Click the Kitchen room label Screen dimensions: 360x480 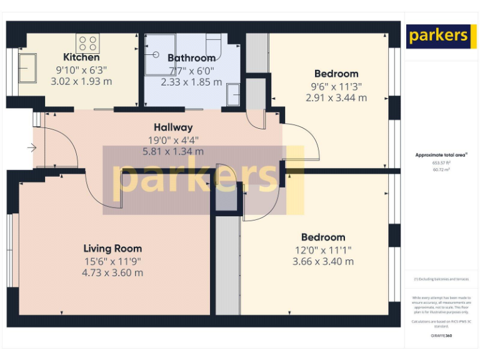(x=81, y=57)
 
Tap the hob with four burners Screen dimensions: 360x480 (x=87, y=43)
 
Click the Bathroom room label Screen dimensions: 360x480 (x=191, y=58)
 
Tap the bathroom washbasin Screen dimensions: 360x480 (x=234, y=94)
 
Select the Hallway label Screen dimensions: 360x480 (x=173, y=127)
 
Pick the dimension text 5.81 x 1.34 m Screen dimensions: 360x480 (x=173, y=151)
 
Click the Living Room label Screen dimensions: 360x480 (x=112, y=248)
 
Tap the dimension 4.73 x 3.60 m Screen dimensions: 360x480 (x=112, y=272)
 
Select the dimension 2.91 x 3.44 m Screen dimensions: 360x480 (x=336, y=98)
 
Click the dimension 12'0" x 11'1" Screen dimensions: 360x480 (x=322, y=249)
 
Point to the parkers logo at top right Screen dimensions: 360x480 (x=437, y=36)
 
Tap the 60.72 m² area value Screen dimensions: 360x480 (x=441, y=169)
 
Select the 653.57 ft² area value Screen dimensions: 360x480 (x=441, y=162)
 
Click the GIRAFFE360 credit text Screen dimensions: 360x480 (x=441, y=336)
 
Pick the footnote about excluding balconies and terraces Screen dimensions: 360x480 (x=441, y=279)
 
